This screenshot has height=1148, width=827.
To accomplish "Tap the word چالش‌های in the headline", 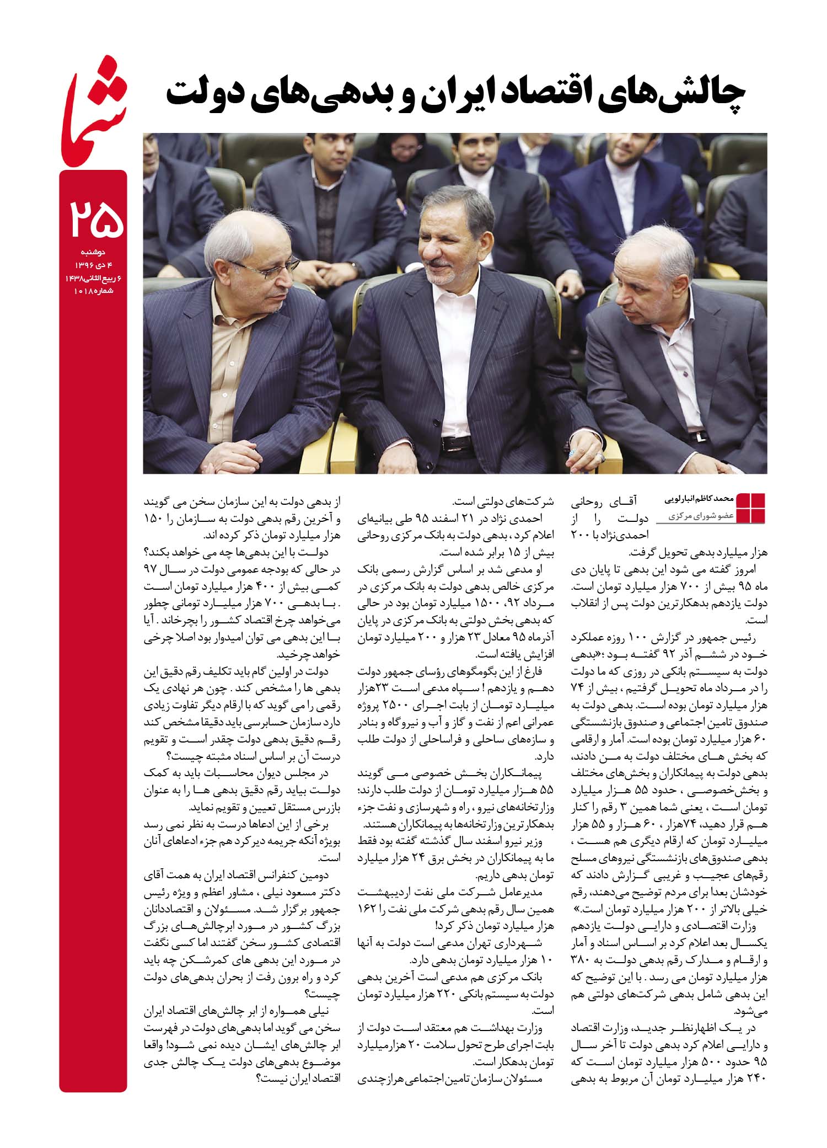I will tap(676, 95).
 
